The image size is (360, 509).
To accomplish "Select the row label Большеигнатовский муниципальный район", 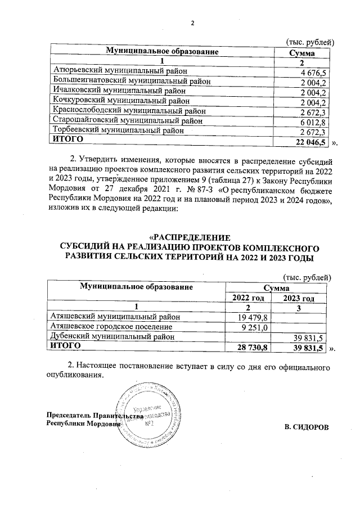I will (132, 81).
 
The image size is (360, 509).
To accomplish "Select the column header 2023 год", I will (299, 298).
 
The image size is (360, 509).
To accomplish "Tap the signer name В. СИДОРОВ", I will (306, 427).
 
